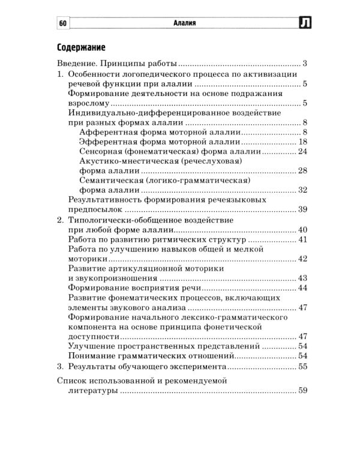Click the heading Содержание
pyautogui.click(x=81, y=47)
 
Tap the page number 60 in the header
pyautogui.click(x=63, y=23)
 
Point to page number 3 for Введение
pyautogui.click(x=305, y=64)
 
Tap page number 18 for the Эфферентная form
pyautogui.click(x=302, y=142)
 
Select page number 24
pyautogui.click(x=302, y=152)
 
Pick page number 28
pyautogui.click(x=302, y=172)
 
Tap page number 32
pyautogui.click(x=302, y=190)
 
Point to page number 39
pyautogui.click(x=302, y=209)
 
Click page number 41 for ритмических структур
pyautogui.click(x=302, y=239)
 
